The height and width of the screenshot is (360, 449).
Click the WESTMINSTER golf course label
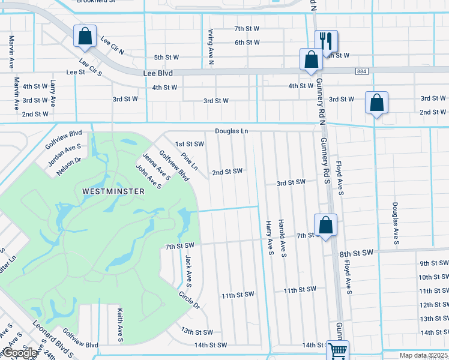coord(113,191)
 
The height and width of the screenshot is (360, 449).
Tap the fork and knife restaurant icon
coord(326,41)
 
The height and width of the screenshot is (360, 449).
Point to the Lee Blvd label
coord(158,73)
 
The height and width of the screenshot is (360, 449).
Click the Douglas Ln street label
coord(232,131)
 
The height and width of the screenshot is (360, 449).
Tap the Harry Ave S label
coord(270,238)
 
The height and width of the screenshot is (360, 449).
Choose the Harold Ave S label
coord(282,238)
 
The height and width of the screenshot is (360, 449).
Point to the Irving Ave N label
coord(211,46)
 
